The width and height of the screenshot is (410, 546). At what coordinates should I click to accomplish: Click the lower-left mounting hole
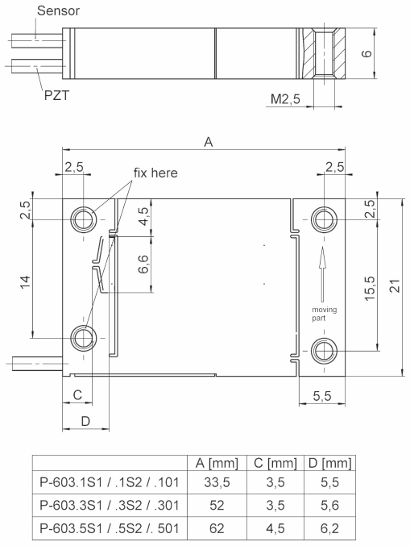click(83, 337)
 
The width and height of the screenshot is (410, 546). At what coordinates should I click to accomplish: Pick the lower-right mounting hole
click(324, 350)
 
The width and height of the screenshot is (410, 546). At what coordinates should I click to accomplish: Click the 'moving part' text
click(324, 313)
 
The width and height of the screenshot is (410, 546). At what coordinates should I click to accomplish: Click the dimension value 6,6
click(142, 264)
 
